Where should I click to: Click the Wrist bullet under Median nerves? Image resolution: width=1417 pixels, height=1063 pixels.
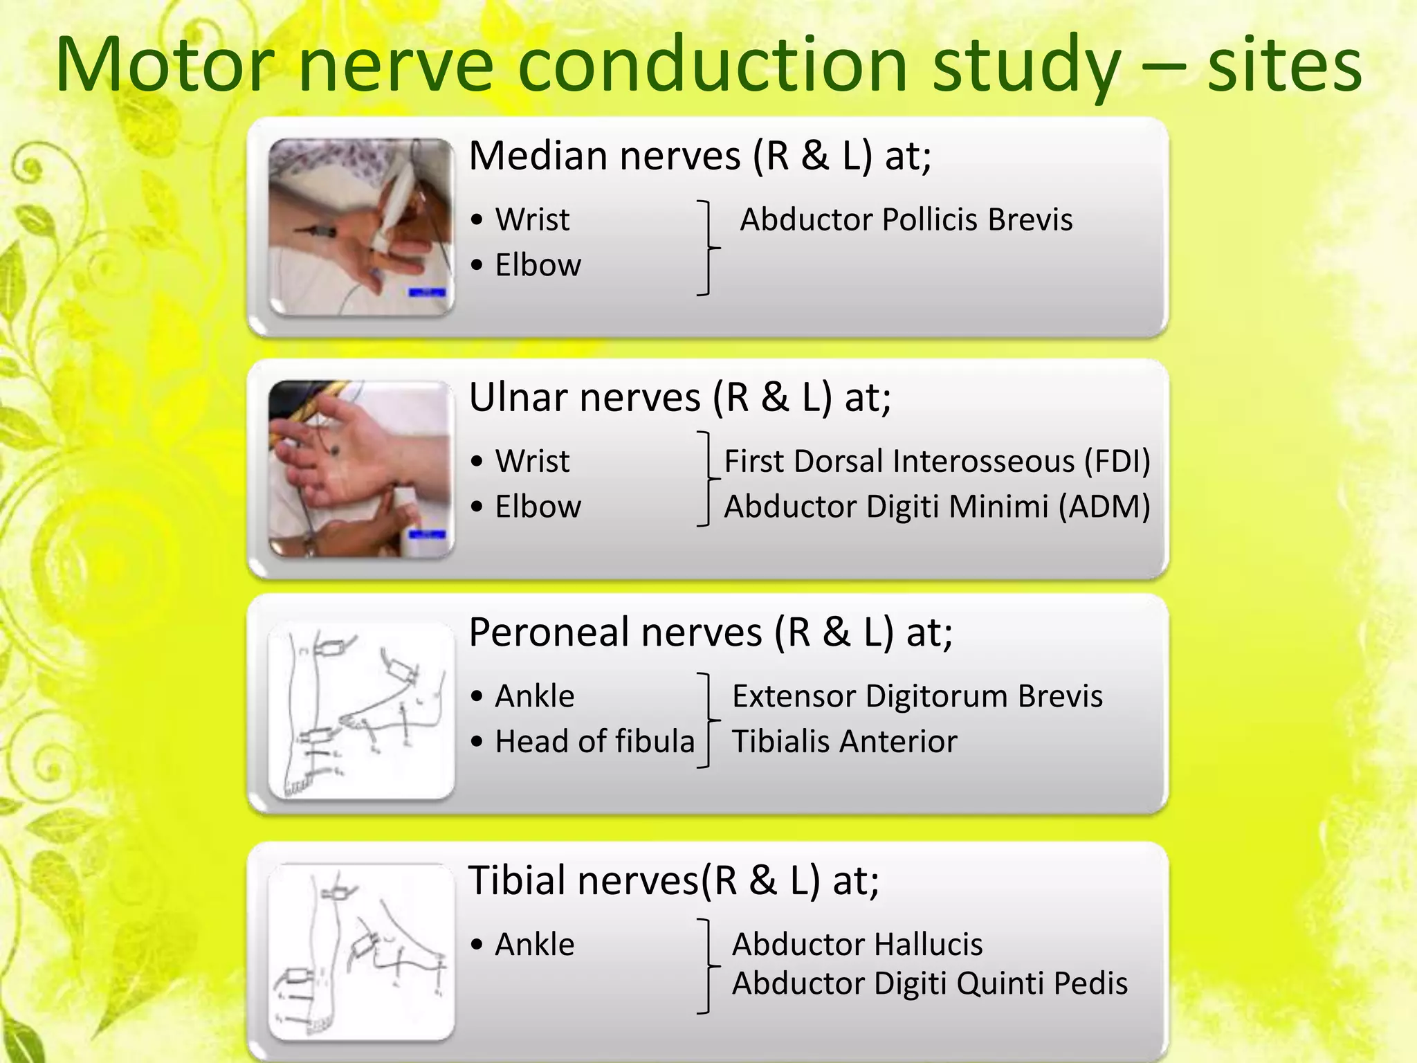(531, 219)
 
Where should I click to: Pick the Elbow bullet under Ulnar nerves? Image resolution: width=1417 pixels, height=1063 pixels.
(538, 507)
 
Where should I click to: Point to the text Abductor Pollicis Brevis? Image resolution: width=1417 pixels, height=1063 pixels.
(906, 219)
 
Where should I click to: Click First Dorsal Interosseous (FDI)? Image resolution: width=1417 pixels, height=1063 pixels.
(937, 461)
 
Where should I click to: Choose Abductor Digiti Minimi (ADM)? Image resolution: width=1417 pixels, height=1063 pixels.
(937, 507)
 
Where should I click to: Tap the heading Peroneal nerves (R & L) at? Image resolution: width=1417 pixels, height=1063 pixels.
(711, 632)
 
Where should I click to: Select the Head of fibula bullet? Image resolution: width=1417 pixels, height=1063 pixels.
(594, 741)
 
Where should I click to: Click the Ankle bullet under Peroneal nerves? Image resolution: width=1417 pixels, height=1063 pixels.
(534, 696)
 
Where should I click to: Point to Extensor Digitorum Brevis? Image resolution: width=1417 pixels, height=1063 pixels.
(917, 696)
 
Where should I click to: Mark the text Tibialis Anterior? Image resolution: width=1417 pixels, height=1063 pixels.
(844, 741)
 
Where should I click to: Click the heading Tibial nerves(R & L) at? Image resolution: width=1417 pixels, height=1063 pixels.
(674, 880)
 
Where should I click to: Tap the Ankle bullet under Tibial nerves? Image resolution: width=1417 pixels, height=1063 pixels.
(534, 944)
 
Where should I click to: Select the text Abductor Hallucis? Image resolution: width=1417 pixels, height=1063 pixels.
(857, 944)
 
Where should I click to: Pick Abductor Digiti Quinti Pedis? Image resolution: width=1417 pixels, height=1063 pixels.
(930, 983)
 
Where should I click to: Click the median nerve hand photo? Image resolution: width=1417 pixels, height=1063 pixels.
(361, 226)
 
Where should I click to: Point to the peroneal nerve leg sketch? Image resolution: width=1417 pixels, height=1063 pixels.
(361, 711)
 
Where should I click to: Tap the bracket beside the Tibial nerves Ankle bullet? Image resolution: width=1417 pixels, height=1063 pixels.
(706, 966)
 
